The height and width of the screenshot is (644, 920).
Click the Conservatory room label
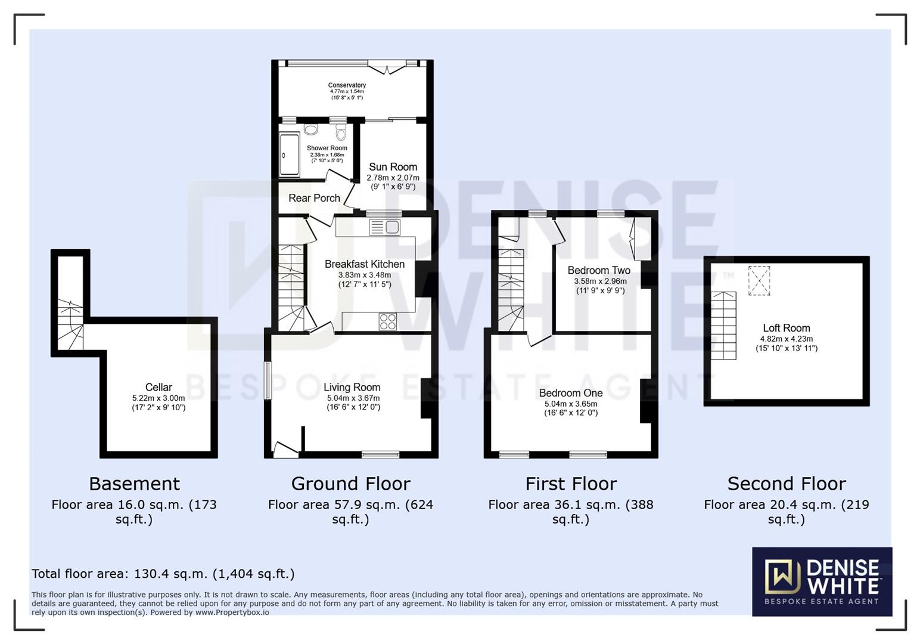tap(347, 85)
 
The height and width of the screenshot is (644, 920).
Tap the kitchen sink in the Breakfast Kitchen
tap(385, 227)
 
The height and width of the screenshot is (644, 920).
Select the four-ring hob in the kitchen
tap(387, 321)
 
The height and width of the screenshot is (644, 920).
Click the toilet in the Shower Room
tap(341, 131)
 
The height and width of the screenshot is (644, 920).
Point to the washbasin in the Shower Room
tap(311, 129)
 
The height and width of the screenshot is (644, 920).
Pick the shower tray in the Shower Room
tap(289, 155)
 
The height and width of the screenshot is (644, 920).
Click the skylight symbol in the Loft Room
tap(759, 280)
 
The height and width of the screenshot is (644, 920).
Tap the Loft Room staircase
tap(723, 326)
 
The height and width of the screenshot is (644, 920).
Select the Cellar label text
tap(158, 388)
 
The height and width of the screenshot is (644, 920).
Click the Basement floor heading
tap(134, 484)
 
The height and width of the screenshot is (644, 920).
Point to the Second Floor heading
tap(786, 484)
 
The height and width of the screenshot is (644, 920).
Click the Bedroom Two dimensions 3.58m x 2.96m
tap(600, 281)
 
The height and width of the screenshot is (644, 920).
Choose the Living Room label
tap(352, 388)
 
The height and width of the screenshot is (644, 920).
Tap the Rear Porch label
tap(314, 198)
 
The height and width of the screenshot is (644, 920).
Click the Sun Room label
tap(393, 167)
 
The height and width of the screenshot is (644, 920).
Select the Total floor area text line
tap(163, 574)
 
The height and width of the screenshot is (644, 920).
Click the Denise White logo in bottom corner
tap(822, 581)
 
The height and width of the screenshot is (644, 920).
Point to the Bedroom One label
tap(570, 393)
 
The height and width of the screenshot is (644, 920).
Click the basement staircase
tap(70, 325)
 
